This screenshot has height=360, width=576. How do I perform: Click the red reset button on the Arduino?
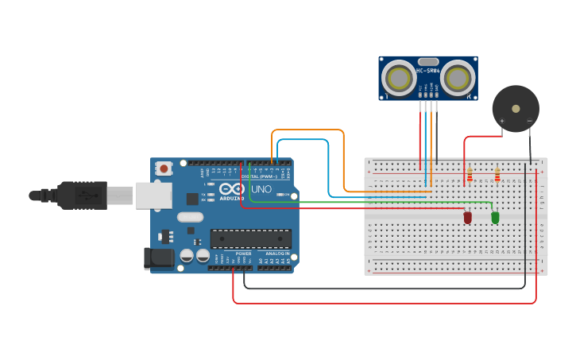coord(164,168)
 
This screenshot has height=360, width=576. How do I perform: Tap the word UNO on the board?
coord(262,189)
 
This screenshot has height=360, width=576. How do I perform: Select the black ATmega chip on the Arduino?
coord(250,238)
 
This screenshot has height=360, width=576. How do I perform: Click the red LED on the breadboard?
coord(468,216)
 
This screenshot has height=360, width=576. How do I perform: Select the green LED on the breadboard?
coord(495,216)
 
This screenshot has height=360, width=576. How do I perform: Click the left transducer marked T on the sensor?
coord(397,78)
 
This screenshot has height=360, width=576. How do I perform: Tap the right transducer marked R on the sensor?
coord(459,78)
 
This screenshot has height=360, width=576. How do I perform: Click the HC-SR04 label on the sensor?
coord(428,71)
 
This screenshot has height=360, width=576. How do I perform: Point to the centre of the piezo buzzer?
coord(516,107)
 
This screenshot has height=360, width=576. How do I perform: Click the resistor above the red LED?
coord(470,174)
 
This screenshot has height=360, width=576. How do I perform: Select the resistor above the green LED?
coord(497,174)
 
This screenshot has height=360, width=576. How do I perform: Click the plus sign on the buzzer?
coord(501,122)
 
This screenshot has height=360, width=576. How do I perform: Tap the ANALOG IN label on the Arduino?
coord(277,253)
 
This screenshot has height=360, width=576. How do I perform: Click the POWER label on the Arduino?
coord(242,253)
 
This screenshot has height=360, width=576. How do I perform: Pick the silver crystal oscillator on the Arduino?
coord(191,216)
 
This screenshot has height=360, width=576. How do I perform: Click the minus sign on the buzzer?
coord(530,122)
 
